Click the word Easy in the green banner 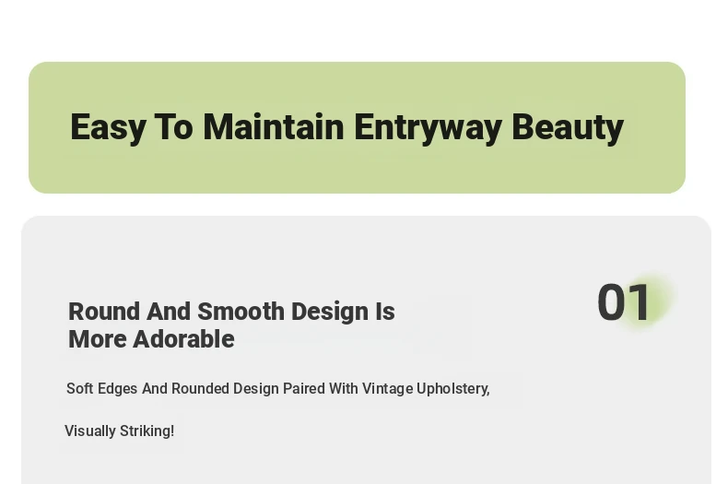coord(108,128)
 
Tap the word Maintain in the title coord(274,126)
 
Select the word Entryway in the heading coord(429,128)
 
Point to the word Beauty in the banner coord(568,128)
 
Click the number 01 coord(624,302)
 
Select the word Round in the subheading coord(104,312)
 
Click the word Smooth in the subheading coord(241,312)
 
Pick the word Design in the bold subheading coord(330,313)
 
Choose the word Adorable coord(184,339)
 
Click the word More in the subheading coord(98,339)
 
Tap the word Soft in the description coord(80,388)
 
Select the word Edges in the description coord(117,389)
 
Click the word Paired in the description coord(304,388)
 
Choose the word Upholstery coord(452,389)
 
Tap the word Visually coord(90,431)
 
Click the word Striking coord(147,431)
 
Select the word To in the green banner coord(173,126)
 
